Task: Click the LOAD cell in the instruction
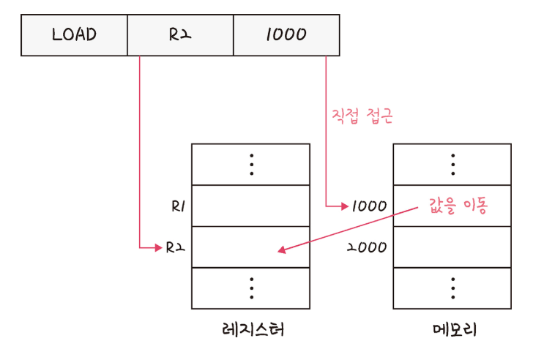click(x=74, y=34)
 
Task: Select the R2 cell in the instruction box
click(x=180, y=34)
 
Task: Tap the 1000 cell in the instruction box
click(x=286, y=34)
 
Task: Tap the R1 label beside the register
click(x=176, y=206)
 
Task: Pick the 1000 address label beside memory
click(x=368, y=206)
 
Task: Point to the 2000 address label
click(x=367, y=248)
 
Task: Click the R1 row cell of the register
click(x=251, y=206)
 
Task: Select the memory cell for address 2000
click(x=452, y=248)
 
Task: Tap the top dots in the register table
click(x=251, y=165)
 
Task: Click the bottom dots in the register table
click(x=251, y=289)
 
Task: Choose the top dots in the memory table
click(x=452, y=165)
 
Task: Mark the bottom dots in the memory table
click(x=452, y=289)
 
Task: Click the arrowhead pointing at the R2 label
click(x=157, y=248)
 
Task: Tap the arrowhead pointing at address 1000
click(x=344, y=206)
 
